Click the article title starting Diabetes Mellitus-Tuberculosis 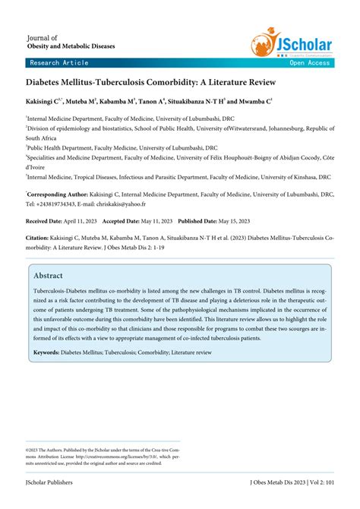click(150, 81)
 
